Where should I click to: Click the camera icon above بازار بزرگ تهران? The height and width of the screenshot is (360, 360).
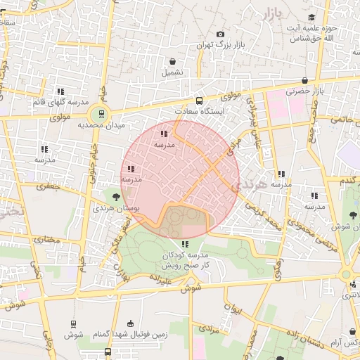tap(221, 34)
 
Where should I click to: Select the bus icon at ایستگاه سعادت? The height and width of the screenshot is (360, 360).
tap(199, 101)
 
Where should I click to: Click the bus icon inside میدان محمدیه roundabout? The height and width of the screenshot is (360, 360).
tap(101, 113)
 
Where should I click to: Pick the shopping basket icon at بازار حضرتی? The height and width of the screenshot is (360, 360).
tap(304, 80)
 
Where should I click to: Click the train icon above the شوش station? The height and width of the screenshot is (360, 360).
tap(73, 323)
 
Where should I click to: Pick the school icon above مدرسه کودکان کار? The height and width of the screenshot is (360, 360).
tap(185, 243)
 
